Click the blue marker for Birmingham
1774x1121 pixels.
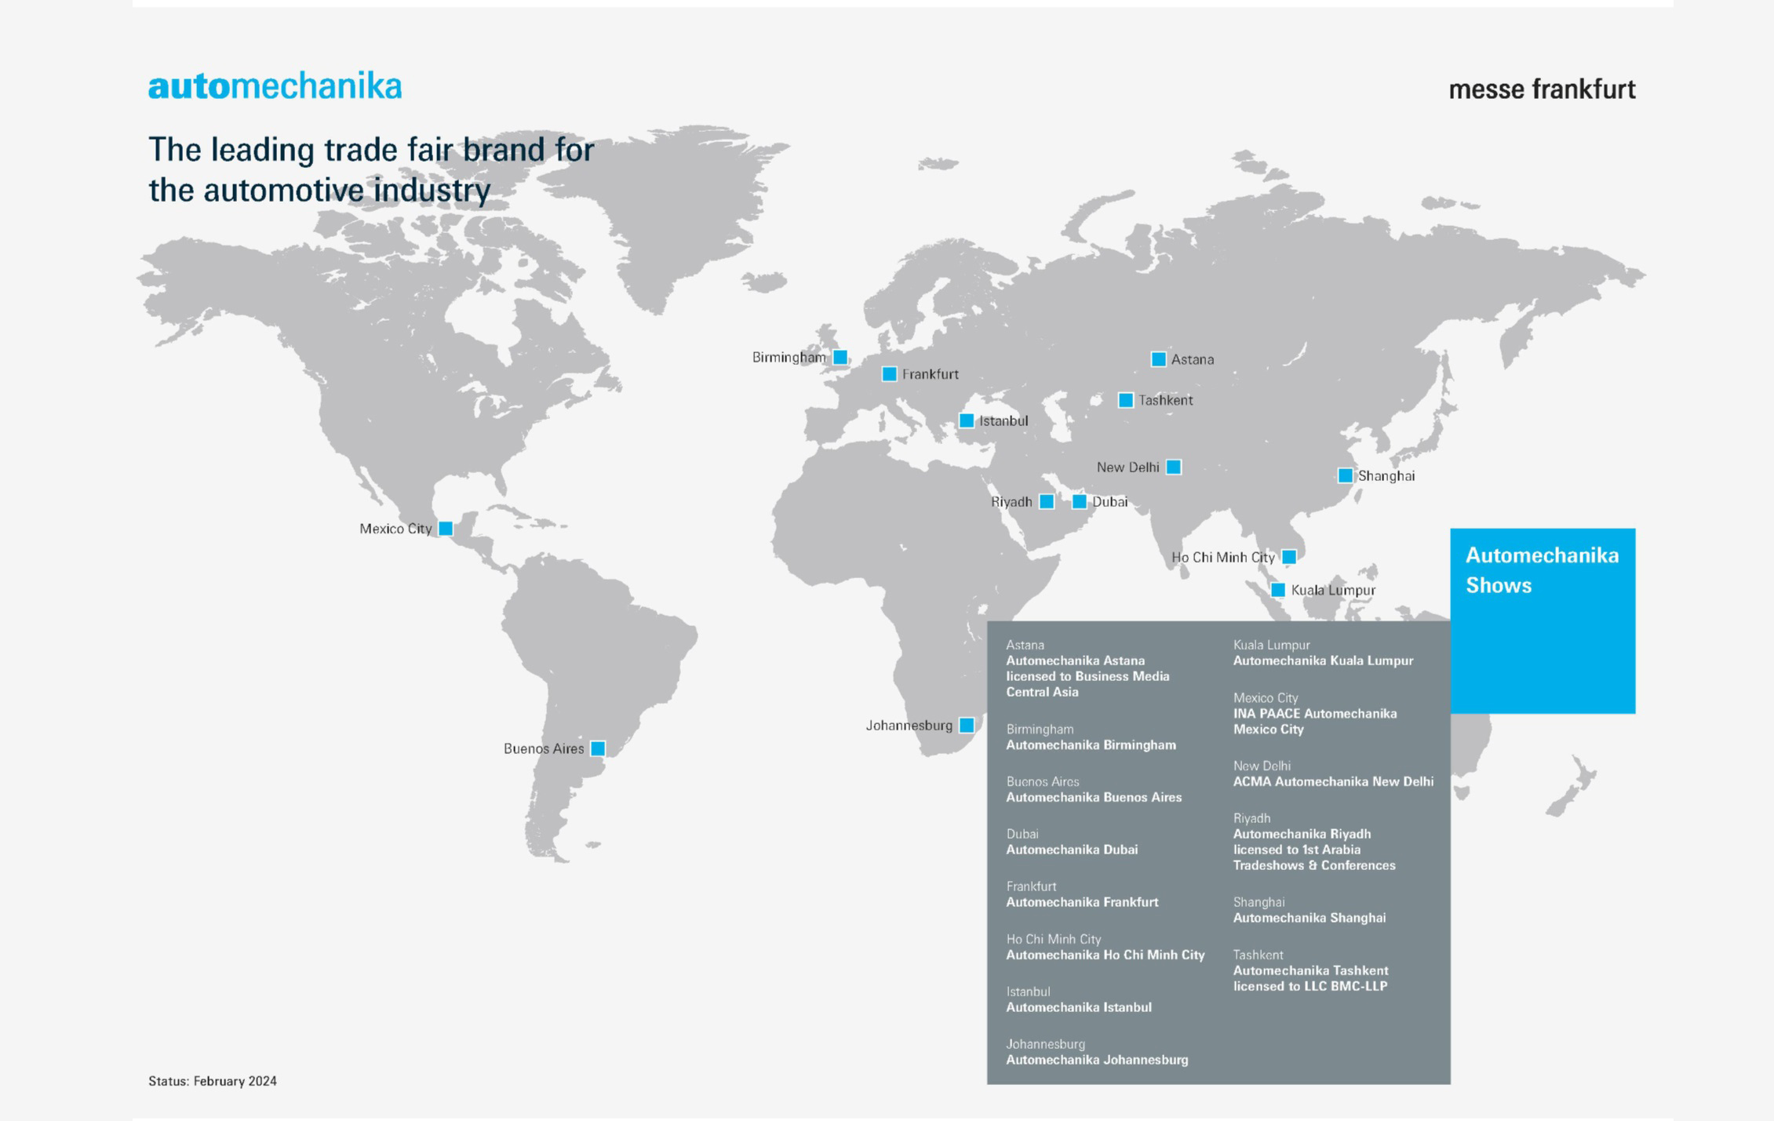(x=840, y=358)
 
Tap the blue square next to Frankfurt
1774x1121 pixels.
(x=889, y=374)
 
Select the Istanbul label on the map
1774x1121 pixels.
(x=1003, y=421)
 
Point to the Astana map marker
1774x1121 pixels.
(x=1158, y=359)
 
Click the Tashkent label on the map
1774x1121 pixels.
(x=1165, y=400)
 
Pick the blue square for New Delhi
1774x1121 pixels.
(x=1173, y=468)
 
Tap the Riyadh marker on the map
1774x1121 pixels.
(x=1047, y=502)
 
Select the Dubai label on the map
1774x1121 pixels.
(x=1109, y=502)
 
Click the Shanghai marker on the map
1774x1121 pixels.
(x=1345, y=475)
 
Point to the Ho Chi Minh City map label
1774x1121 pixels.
(x=1222, y=558)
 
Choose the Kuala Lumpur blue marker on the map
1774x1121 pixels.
(x=1277, y=590)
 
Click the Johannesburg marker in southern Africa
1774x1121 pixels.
(x=967, y=726)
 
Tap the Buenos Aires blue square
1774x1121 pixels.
(x=598, y=748)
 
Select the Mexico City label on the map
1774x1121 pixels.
(x=395, y=529)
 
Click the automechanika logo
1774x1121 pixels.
(x=275, y=86)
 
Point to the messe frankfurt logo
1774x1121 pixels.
(x=1542, y=89)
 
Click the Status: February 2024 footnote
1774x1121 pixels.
(x=213, y=1081)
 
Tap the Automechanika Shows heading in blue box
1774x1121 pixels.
(x=1542, y=570)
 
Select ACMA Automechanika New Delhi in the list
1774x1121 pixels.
(x=1332, y=782)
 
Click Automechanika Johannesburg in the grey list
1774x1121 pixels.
(x=1097, y=1060)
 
